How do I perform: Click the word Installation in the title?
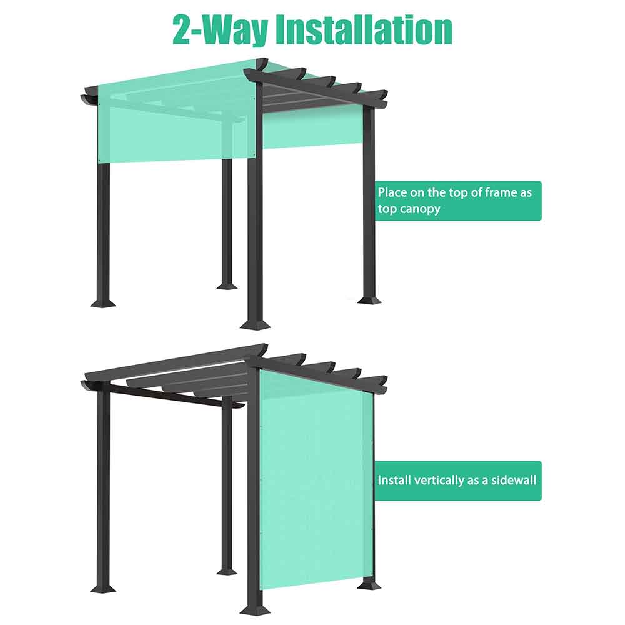tap(364, 30)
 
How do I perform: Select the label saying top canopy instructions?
tap(458, 201)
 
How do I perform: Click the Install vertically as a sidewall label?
tap(458, 481)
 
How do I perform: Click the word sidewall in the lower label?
tap(513, 480)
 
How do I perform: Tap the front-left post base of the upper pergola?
tap(103, 303)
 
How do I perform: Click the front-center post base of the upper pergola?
tap(255, 323)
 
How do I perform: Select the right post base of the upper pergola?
tap(369, 299)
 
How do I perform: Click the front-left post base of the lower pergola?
tap(103, 588)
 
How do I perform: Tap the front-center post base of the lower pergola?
tap(255, 609)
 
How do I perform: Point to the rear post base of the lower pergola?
tap(227, 571)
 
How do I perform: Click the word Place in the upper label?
tap(392, 193)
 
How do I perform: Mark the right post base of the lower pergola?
tap(369, 585)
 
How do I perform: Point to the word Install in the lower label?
tap(394, 480)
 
